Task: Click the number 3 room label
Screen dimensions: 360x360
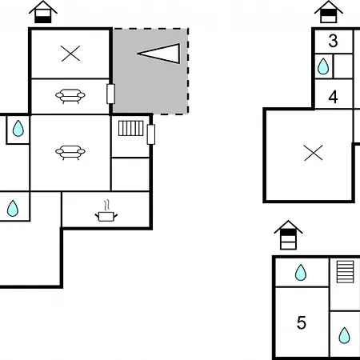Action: [x=333, y=41]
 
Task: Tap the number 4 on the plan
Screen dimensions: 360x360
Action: [x=333, y=97]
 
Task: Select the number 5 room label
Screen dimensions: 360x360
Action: [x=302, y=322]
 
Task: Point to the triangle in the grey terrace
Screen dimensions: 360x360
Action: [x=159, y=54]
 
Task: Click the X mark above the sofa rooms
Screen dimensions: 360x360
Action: [x=70, y=54]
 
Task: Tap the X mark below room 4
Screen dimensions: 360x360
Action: [x=314, y=153]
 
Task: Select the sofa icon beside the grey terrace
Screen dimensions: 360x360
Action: [x=70, y=96]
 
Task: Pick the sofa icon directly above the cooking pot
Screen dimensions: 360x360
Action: [x=70, y=152]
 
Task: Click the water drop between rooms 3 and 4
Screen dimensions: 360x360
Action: [x=323, y=66]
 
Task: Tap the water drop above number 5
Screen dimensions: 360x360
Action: [x=301, y=272]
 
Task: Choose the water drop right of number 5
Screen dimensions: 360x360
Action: [x=344, y=335]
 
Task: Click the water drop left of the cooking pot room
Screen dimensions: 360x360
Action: [x=13, y=208]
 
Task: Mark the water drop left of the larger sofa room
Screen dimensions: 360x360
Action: [x=18, y=128]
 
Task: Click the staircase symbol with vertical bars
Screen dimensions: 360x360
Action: [x=131, y=128]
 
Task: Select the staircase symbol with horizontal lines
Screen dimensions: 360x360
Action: [x=346, y=272]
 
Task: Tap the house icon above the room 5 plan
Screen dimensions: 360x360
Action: [x=288, y=235]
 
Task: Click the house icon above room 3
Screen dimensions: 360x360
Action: [x=329, y=12]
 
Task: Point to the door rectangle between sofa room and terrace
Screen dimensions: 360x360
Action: [x=110, y=94]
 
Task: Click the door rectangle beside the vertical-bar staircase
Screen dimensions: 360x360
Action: [x=151, y=134]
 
